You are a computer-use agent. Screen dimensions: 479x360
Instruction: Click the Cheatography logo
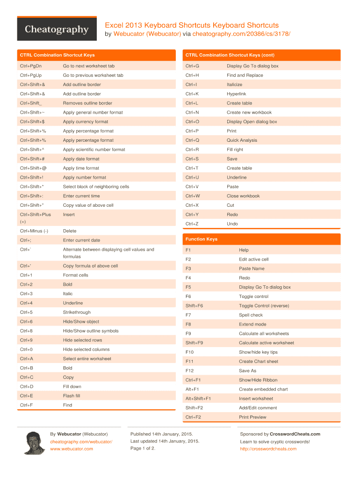pyautogui.click(x=57, y=29)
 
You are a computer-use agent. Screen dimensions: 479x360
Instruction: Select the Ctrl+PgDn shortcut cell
pyautogui.click(x=31, y=66)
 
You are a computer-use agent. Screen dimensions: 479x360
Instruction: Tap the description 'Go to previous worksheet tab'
pyautogui.click(x=93, y=75)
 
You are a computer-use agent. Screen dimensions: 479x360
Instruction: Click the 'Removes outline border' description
pyautogui.click(x=87, y=103)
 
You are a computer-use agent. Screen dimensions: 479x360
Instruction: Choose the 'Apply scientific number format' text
pyautogui.click(x=94, y=150)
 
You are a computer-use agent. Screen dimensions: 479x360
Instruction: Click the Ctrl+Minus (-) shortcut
pyautogui.click(x=34, y=231)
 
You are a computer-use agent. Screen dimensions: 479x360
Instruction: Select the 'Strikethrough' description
pyautogui.click(x=77, y=312)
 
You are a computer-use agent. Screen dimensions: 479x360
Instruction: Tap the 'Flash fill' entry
pyautogui.click(x=72, y=396)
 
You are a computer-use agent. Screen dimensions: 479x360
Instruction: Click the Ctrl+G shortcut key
pyautogui.click(x=192, y=66)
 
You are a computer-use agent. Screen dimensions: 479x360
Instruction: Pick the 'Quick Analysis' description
pyautogui.click(x=242, y=140)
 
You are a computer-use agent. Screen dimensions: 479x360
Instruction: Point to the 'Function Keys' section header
pyautogui.click(x=202, y=239)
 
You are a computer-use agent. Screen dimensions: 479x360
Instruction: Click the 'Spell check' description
pyautogui.click(x=251, y=315)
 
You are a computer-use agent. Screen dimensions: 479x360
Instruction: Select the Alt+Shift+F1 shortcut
pyautogui.click(x=198, y=399)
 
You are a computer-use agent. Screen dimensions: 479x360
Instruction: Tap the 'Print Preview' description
pyautogui.click(x=252, y=417)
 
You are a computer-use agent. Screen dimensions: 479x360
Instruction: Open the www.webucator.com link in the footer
pyautogui.click(x=72, y=449)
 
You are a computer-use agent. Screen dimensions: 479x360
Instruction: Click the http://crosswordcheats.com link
pyautogui.click(x=268, y=449)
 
